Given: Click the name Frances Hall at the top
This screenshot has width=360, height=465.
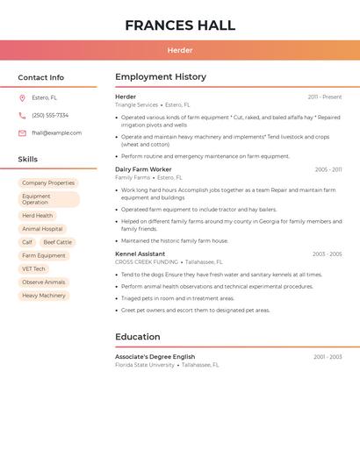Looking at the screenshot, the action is [180, 25].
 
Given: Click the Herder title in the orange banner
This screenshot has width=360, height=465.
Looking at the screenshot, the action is [180, 50].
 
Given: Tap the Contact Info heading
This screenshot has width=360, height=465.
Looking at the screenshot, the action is [40, 77].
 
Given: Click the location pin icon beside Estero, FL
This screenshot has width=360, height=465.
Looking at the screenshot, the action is [22, 98].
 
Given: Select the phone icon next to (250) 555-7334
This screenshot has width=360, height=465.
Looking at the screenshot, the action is [22, 116].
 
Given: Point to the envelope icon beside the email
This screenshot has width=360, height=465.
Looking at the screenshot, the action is [22, 133].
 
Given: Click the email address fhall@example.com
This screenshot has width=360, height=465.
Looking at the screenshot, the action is [56, 133].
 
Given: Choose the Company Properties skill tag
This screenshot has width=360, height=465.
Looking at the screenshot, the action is [48, 183].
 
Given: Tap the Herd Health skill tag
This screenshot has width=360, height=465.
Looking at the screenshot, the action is [37, 216].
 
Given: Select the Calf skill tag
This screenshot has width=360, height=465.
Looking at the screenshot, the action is [27, 242].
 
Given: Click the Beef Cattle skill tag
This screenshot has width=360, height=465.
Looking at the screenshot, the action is [58, 242].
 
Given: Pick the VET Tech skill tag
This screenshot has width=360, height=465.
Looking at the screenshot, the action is [33, 269].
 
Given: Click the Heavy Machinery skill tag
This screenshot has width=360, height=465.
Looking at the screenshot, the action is [44, 296].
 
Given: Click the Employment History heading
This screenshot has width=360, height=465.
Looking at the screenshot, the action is [160, 77].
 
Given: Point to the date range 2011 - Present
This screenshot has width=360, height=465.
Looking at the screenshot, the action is [325, 97].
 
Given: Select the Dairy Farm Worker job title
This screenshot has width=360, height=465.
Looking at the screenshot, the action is [143, 169].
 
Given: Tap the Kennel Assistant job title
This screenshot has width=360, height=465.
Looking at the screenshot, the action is [140, 254].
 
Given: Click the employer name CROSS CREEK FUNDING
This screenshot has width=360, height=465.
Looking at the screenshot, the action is [146, 262].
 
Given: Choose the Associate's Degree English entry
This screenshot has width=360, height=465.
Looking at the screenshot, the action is [155, 357].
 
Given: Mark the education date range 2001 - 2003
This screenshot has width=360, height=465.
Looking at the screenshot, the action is [328, 357].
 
